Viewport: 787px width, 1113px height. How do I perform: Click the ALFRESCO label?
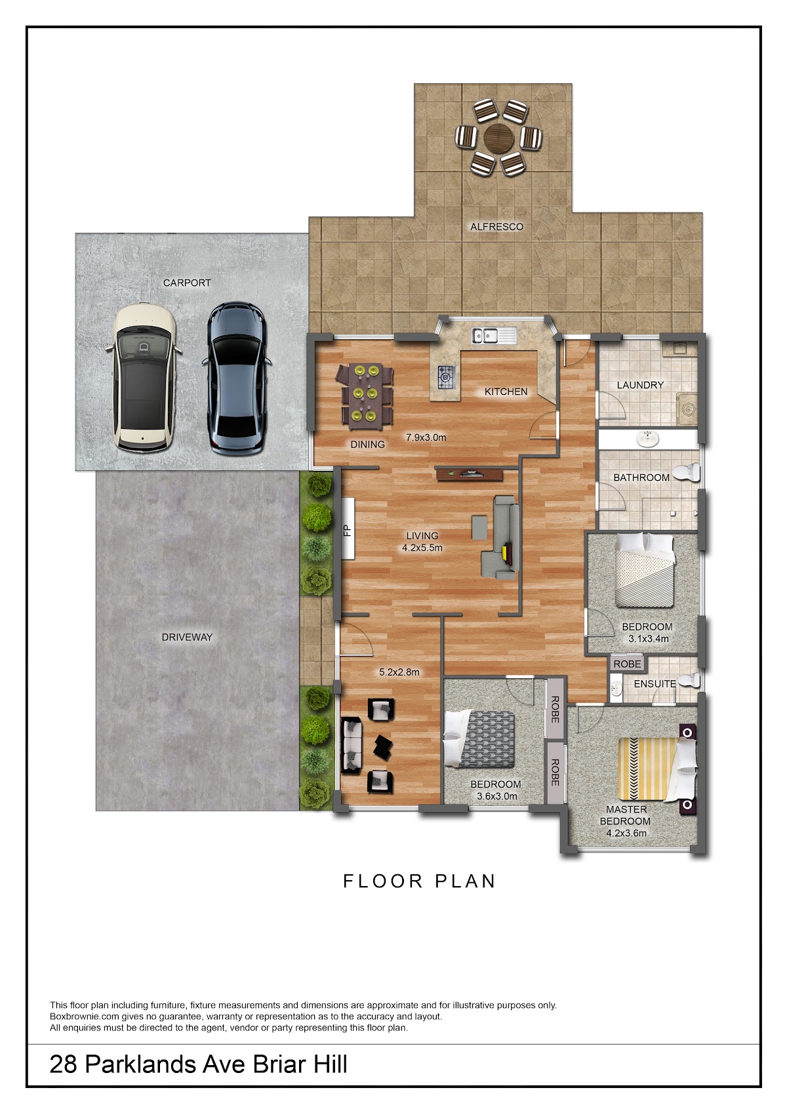(497, 226)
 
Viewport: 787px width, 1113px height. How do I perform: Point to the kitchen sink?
(494, 336)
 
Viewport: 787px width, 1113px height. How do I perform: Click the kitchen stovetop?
(446, 377)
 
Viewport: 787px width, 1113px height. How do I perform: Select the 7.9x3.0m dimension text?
(426, 437)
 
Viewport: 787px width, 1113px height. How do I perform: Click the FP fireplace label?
(348, 531)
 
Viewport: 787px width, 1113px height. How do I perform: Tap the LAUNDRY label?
(640, 385)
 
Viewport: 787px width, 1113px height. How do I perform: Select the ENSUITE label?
(655, 683)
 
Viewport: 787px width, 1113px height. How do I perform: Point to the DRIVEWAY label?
(187, 637)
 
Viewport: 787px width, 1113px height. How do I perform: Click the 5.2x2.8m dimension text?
(399, 672)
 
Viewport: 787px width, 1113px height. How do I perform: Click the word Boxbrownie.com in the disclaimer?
(85, 1017)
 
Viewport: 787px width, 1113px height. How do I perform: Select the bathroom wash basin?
(647, 439)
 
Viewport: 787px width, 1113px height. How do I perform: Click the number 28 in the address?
(63, 1064)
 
